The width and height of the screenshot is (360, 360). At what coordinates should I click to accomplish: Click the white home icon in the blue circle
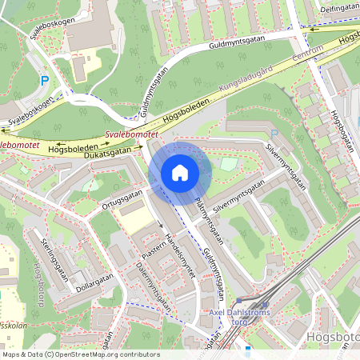pyautogui.click(x=180, y=173)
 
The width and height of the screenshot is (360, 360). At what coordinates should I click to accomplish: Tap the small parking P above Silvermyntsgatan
pyautogui.click(x=274, y=134)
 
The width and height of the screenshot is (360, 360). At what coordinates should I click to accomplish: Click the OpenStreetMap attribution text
pyautogui.click(x=80, y=354)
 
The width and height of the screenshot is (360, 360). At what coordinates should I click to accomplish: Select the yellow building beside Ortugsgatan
pyautogui.click(x=132, y=213)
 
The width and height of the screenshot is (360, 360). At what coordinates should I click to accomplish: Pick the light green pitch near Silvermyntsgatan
pyautogui.click(x=229, y=163)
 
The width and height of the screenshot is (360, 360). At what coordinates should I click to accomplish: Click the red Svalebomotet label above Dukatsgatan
pyautogui.click(x=131, y=137)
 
